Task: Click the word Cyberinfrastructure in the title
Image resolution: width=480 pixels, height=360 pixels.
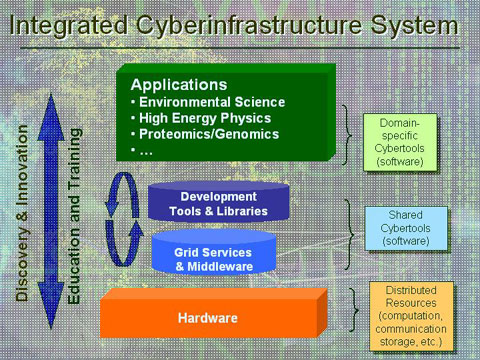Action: (249, 26)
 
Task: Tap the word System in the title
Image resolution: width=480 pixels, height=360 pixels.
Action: (415, 26)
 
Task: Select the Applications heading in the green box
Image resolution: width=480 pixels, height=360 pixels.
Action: (179, 85)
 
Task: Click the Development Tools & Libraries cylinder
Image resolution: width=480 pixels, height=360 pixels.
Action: (219, 202)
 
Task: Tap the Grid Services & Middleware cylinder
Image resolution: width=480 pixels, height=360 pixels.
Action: (214, 253)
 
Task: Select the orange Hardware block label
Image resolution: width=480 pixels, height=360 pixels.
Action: (208, 318)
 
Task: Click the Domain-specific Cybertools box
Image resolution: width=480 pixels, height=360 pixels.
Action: (400, 142)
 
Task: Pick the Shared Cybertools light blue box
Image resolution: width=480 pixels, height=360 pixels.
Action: (406, 228)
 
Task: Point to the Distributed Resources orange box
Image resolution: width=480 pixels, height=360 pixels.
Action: (411, 316)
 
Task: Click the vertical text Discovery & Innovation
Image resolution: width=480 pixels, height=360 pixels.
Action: (22, 213)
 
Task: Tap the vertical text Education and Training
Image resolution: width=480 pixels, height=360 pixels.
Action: (74, 216)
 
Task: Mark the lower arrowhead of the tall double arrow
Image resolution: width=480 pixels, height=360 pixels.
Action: (51, 305)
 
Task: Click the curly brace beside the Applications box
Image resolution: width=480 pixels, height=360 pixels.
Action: (348, 135)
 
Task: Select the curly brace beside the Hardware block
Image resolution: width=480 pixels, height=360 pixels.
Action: (355, 310)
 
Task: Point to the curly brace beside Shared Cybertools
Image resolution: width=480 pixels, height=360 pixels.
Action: (350, 235)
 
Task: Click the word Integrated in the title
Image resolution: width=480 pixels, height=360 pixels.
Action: (68, 26)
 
